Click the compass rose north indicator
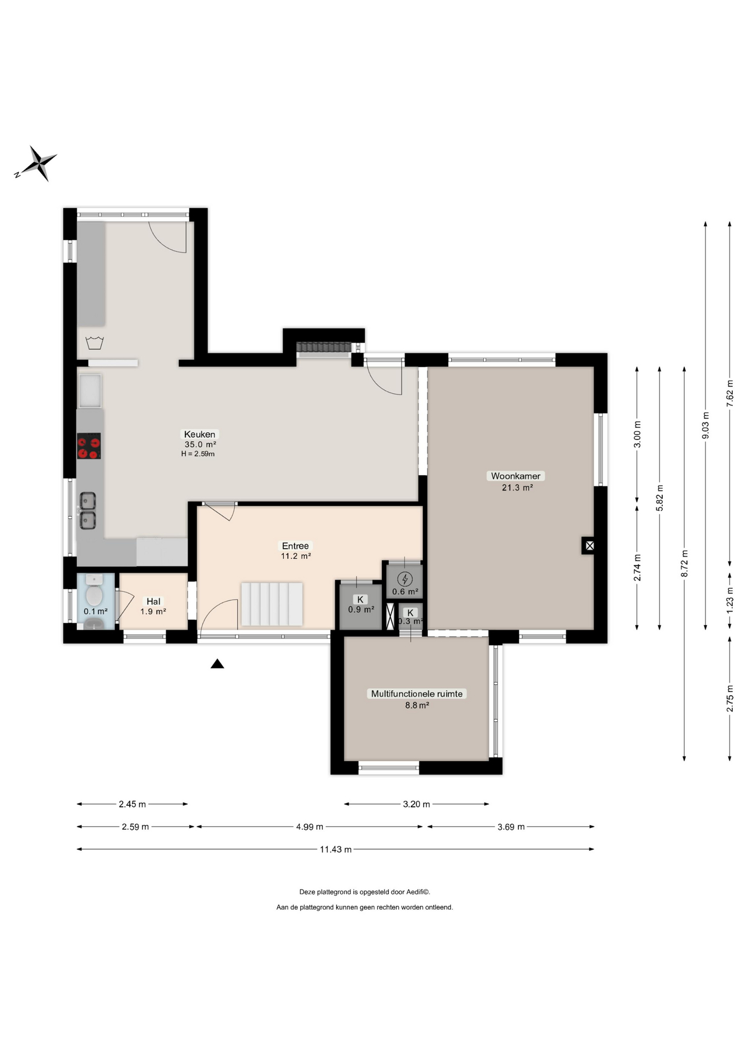click(x=36, y=163)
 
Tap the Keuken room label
click(x=200, y=434)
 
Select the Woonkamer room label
click(x=515, y=476)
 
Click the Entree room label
click(x=295, y=546)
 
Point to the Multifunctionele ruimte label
click(x=416, y=694)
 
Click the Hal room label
click(x=153, y=601)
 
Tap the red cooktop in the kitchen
click(x=89, y=446)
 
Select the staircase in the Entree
click(x=272, y=604)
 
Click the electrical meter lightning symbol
click(x=405, y=579)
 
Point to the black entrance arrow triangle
click(x=217, y=664)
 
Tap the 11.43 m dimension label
click(x=336, y=849)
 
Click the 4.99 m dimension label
click(x=310, y=827)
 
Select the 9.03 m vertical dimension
click(x=706, y=425)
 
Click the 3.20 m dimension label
click(x=416, y=804)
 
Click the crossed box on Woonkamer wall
click(x=589, y=546)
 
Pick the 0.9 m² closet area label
click(x=361, y=609)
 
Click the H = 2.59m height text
click(x=198, y=454)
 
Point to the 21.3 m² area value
click(x=517, y=487)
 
